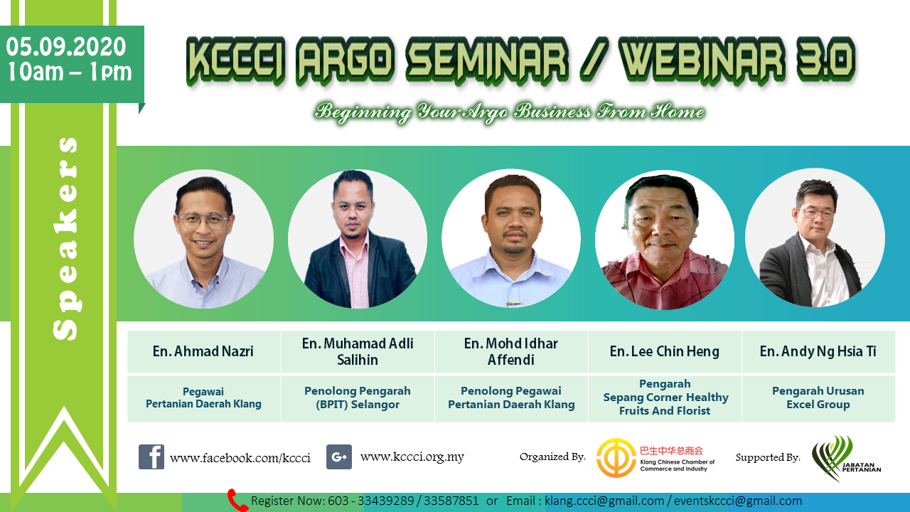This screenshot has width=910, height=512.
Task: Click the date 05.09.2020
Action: pos(66,47)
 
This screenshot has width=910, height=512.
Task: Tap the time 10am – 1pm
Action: pos(70,72)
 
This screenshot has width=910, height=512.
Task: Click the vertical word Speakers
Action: pos(65,238)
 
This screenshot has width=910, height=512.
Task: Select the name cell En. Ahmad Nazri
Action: pos(203,351)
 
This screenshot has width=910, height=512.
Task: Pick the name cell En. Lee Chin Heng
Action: pos(665,351)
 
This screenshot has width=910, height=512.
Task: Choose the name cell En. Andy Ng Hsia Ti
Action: pos(818,351)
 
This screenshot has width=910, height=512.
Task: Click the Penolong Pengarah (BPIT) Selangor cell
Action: pos(358,398)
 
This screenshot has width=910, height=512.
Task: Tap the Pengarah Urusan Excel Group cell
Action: pos(818,398)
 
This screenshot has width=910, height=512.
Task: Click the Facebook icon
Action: pos(151,457)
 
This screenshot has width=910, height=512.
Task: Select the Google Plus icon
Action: pos(339,457)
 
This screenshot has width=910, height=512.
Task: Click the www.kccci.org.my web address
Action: pos(412,457)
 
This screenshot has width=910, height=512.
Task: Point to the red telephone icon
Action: pos(237,500)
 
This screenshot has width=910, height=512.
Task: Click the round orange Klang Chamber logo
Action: pos(616,457)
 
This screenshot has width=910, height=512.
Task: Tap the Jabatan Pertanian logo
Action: pos(846,459)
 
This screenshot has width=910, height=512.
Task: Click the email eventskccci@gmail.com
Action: pos(738,501)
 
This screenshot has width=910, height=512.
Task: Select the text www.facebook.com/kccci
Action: pos(240,458)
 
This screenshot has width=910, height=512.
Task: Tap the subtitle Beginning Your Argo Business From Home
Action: pos(510,112)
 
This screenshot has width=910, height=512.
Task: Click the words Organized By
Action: pos(552,457)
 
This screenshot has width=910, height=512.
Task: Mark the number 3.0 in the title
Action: pos(827,60)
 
